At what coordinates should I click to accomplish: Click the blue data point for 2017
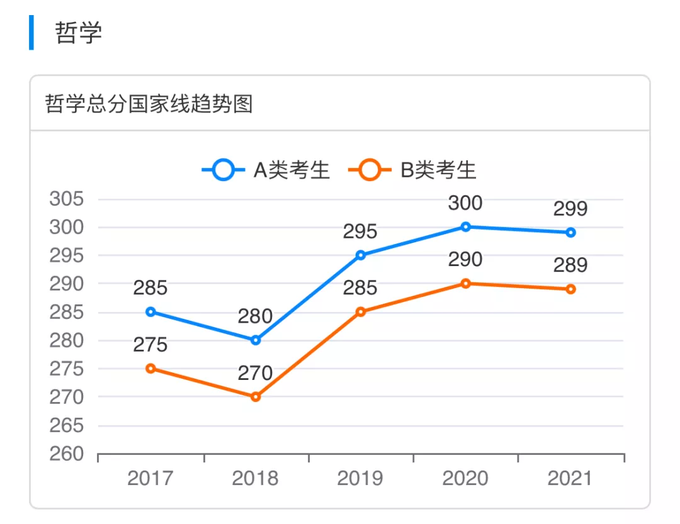tap(150, 311)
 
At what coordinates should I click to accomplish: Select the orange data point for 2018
tap(256, 397)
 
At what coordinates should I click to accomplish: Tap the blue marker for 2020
tap(466, 226)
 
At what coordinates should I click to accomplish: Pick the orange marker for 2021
tap(570, 289)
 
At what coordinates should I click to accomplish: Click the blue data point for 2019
tap(361, 255)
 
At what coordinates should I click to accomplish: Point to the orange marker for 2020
tap(466, 284)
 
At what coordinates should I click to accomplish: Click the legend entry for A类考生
tap(266, 170)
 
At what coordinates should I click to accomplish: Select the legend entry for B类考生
tap(412, 170)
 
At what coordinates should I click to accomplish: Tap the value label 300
tap(465, 203)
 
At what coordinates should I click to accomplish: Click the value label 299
tap(570, 209)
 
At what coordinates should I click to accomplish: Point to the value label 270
tap(255, 373)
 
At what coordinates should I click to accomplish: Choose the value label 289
tap(570, 265)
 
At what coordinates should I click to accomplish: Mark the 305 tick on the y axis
tap(67, 199)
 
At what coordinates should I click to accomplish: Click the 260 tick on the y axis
tap(67, 454)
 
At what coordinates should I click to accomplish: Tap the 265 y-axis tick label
tap(67, 426)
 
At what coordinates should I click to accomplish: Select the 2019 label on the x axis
tap(360, 479)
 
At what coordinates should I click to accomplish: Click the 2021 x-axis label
tap(570, 479)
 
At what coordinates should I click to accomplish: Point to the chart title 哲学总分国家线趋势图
tap(149, 104)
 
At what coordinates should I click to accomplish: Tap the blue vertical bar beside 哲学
tap(31, 33)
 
